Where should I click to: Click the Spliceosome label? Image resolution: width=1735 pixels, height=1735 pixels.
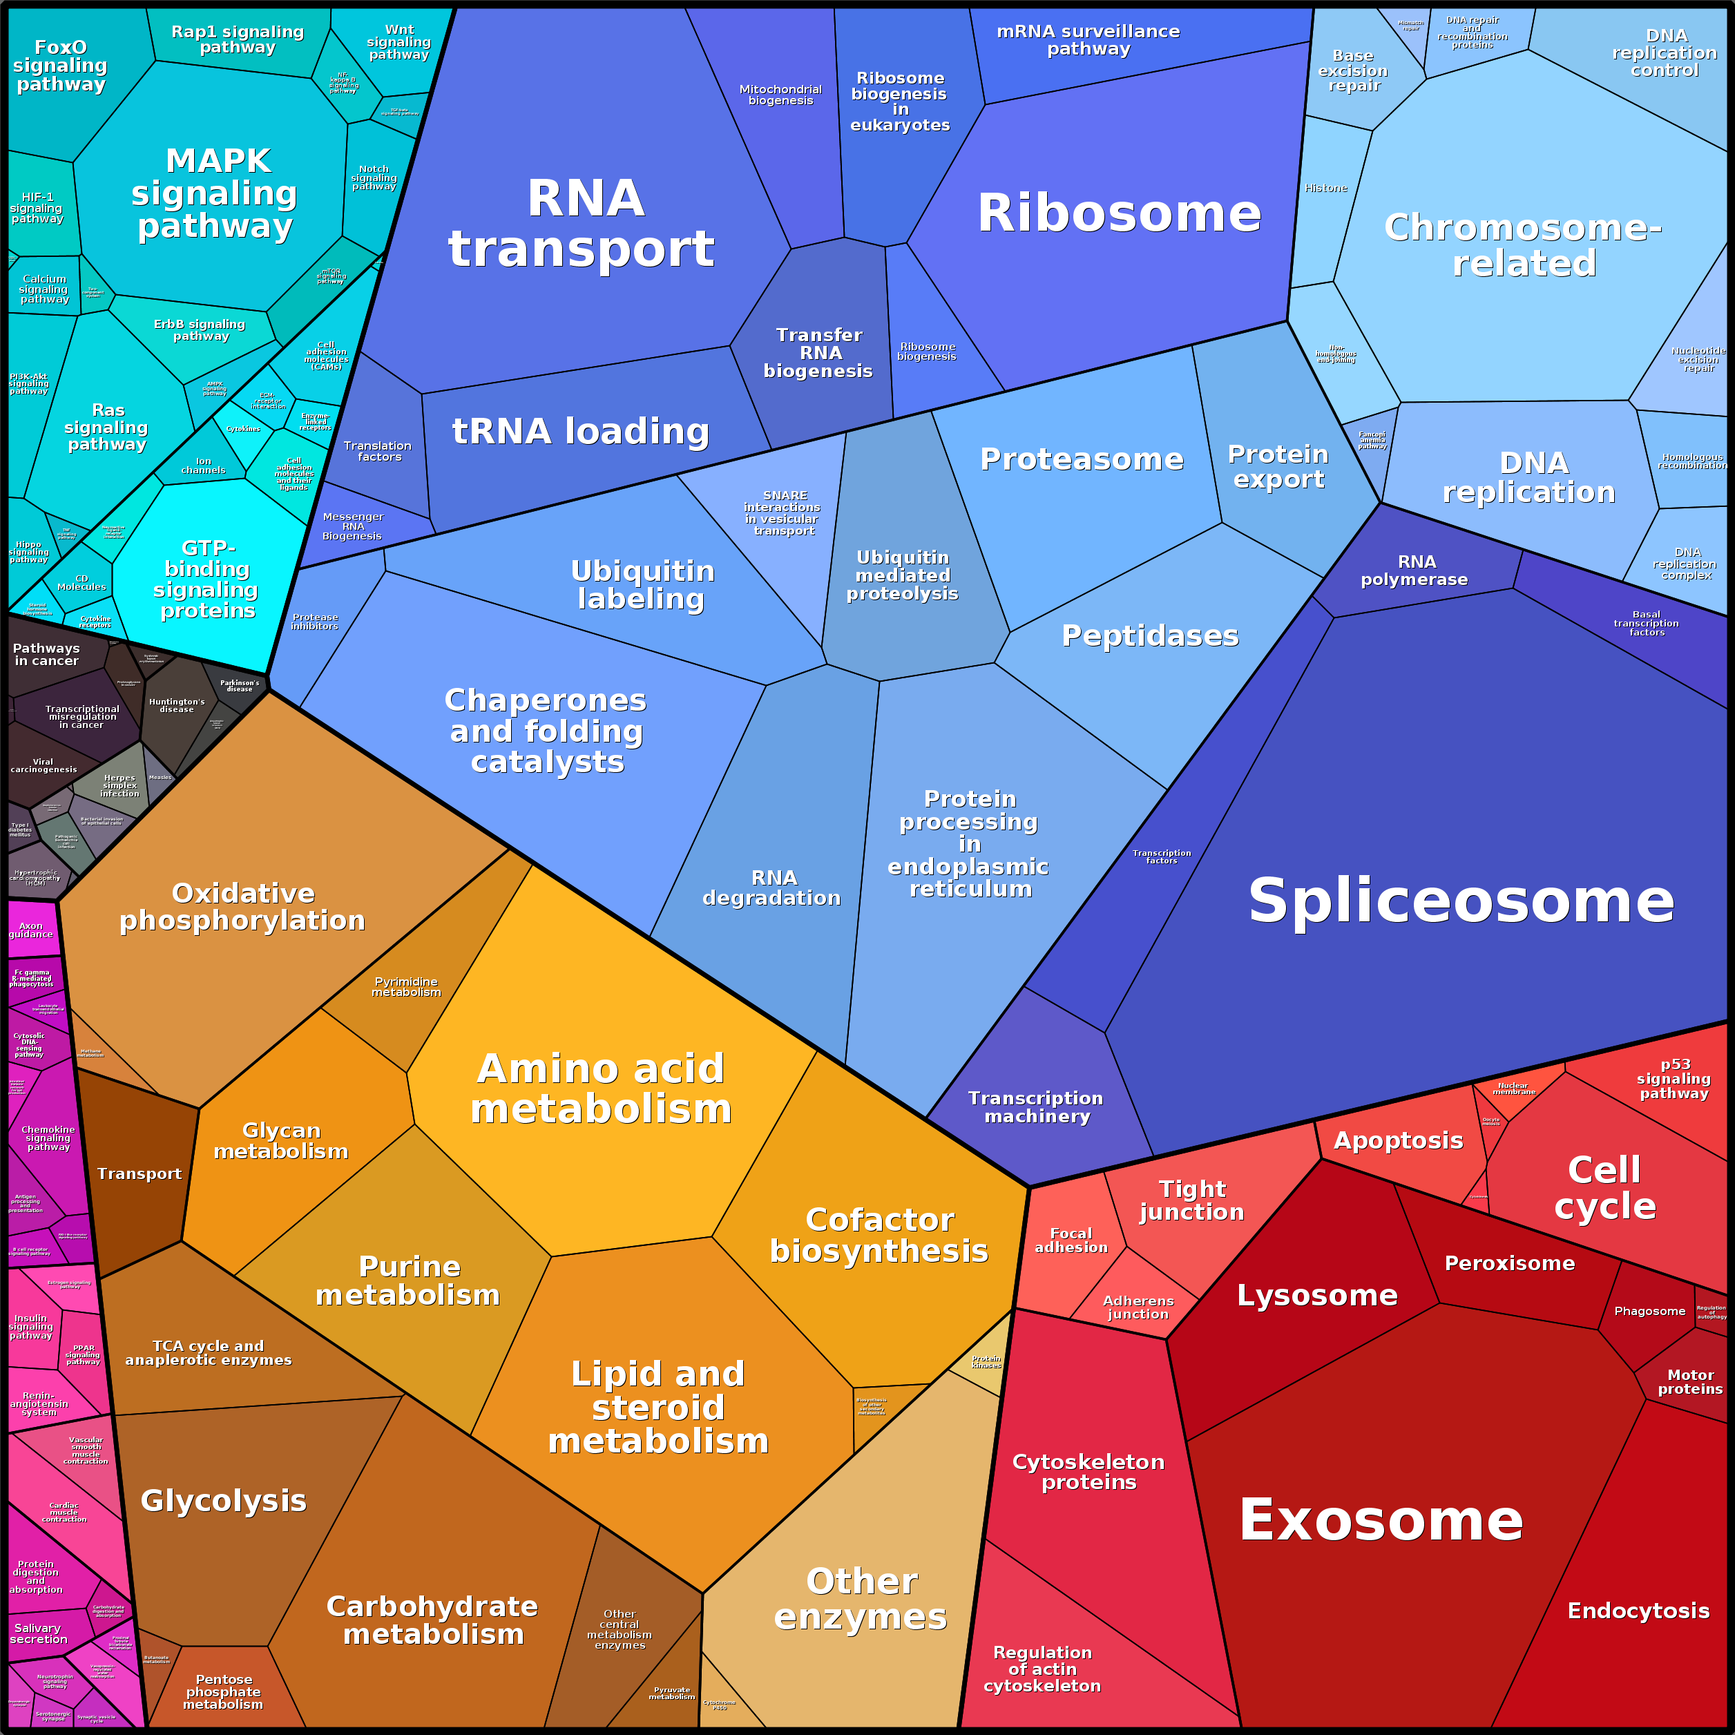point(1460,901)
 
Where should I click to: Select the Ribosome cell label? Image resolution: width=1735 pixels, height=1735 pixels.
point(1119,213)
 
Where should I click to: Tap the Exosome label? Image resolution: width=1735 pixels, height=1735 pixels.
point(1380,1520)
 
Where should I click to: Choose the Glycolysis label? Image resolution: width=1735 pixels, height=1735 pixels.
point(224,1501)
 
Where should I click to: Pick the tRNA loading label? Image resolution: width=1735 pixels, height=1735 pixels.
point(580,431)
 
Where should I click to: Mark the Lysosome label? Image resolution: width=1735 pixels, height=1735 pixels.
point(1316,1295)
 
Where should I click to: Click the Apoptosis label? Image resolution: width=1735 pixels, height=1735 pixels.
point(1398,1140)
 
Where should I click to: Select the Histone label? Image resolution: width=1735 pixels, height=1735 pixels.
point(1325,189)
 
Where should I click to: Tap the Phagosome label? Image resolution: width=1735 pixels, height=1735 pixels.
point(1649,1311)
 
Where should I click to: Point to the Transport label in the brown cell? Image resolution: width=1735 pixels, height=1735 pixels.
point(140,1173)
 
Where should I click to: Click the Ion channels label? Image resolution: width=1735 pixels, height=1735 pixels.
point(204,466)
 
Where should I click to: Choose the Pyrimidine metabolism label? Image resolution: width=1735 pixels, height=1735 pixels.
point(407,987)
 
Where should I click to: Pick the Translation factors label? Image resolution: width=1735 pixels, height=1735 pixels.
point(378,451)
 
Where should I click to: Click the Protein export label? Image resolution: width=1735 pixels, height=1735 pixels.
point(1278,466)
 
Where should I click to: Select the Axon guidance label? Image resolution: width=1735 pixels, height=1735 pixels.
point(32,930)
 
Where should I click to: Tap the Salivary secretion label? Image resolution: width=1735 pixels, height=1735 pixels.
point(38,1633)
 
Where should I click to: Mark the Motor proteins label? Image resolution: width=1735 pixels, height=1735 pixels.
point(1690,1381)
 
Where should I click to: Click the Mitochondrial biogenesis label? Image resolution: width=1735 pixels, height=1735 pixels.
point(780,95)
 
